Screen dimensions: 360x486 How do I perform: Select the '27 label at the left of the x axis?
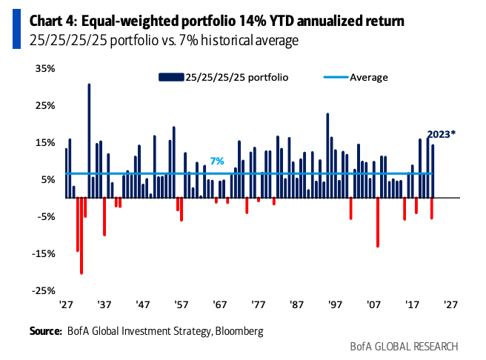pos(66,304)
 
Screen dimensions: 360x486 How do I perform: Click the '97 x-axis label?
pos(336,304)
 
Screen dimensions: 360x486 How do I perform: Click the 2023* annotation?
pos(442,134)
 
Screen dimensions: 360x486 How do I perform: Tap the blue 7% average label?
pos(216,161)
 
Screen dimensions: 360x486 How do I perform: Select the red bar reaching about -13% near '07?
pos(378,222)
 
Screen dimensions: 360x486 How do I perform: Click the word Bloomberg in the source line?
pos(239,330)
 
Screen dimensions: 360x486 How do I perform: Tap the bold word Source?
pos(45,330)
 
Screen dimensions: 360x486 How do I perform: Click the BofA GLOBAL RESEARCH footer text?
pos(404,346)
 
